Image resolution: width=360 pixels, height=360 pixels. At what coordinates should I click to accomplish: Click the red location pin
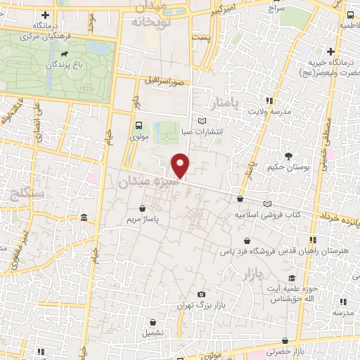point(181,165)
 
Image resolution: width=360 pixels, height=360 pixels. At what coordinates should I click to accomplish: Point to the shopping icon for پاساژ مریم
point(143,208)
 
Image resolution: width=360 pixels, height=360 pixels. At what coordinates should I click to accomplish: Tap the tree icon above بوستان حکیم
point(289,155)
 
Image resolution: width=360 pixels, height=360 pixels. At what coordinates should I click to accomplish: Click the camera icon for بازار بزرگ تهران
point(202,293)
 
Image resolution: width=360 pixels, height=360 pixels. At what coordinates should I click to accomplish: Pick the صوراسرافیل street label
point(167,80)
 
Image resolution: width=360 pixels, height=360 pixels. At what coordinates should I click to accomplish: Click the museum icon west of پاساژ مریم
point(84,217)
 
